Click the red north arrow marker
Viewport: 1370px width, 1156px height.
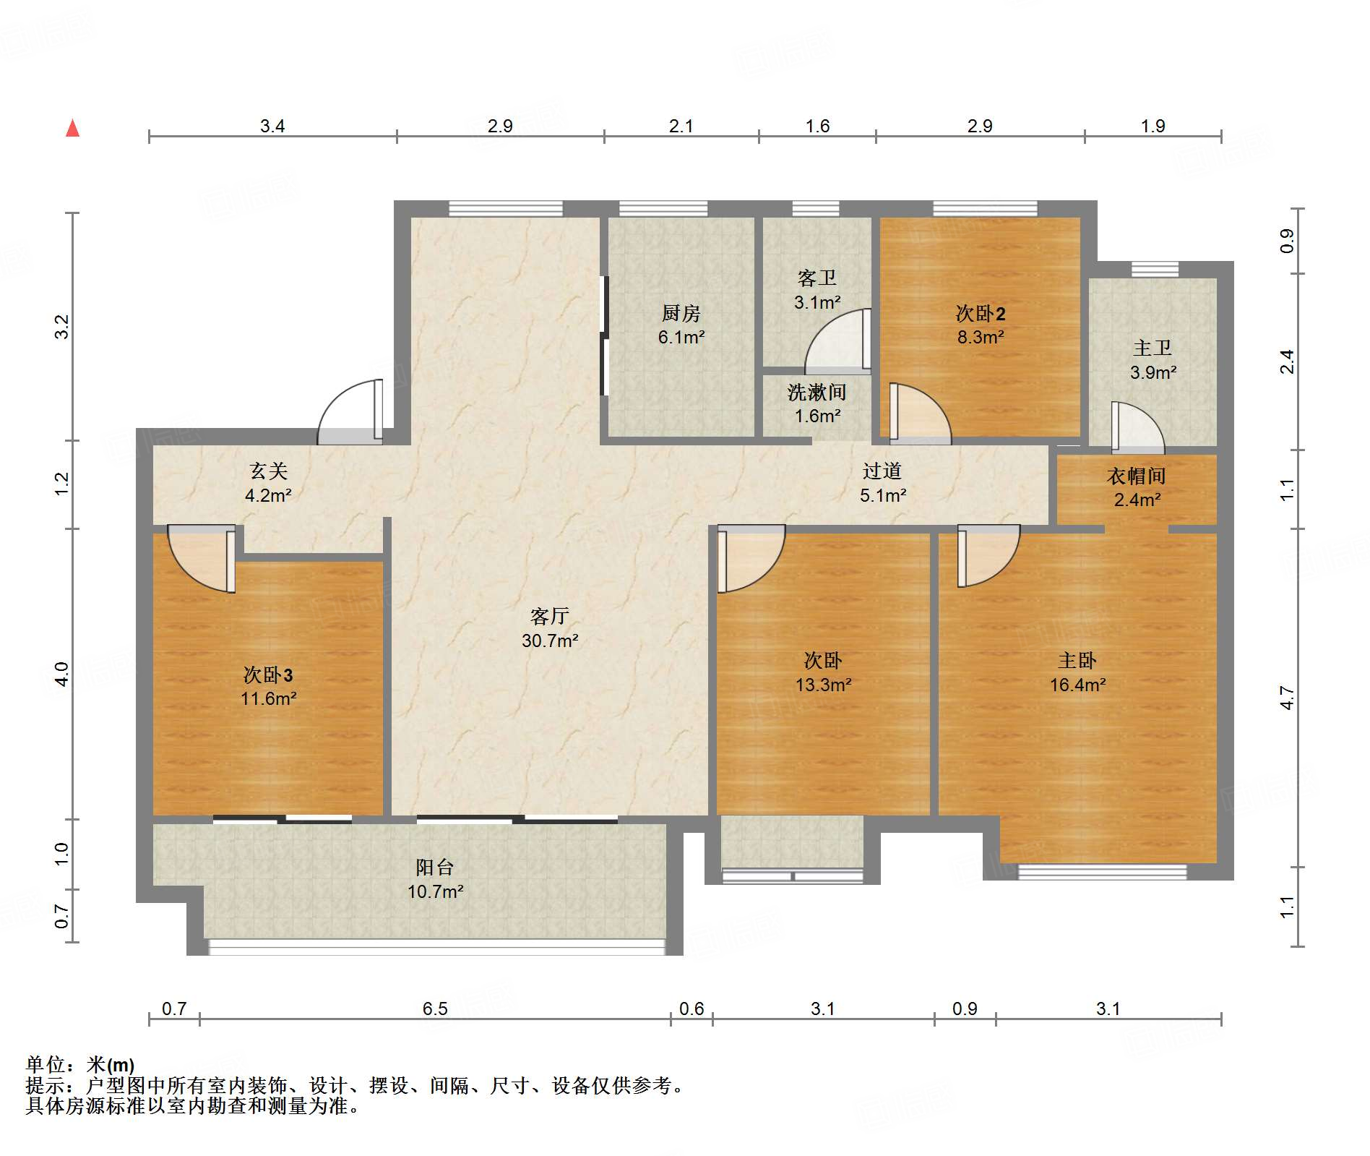72,128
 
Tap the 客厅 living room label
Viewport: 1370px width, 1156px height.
550,617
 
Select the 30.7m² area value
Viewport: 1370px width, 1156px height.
550,641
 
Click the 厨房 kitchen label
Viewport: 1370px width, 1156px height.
681,313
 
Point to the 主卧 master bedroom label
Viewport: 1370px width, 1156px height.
1077,661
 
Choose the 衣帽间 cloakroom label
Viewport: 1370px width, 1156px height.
1137,476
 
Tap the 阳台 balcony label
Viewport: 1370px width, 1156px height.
435,868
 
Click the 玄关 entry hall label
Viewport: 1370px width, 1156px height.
269,471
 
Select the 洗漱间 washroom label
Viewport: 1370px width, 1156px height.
817,393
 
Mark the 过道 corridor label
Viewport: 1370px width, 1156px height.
882,471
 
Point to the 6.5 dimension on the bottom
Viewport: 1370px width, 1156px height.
435,1009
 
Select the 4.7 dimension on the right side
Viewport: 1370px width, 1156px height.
1287,698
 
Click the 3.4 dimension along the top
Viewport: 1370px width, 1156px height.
272,126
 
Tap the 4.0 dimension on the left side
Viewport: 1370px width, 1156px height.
62,675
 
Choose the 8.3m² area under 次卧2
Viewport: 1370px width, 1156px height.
981,337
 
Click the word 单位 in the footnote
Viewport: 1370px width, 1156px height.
46,1065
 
